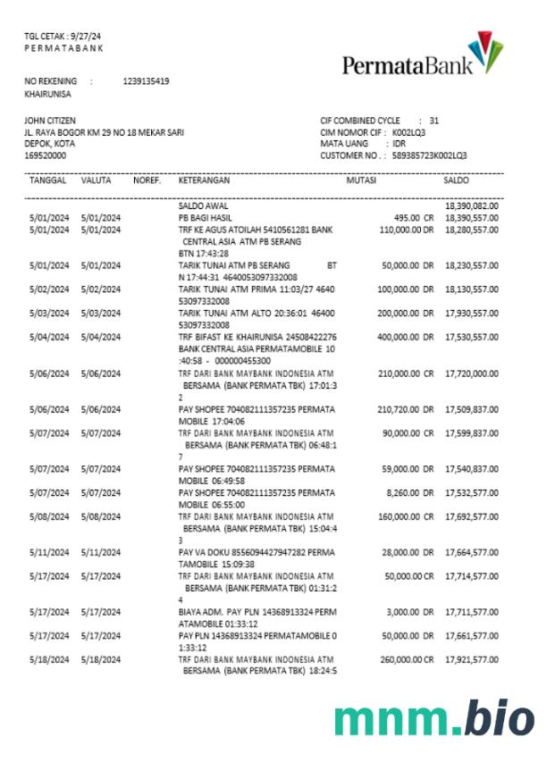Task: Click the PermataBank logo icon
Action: [485, 55]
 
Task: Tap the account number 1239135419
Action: [146, 81]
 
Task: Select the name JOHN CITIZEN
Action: [50, 121]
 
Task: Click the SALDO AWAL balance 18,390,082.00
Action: [471, 206]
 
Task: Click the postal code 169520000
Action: [45, 155]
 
